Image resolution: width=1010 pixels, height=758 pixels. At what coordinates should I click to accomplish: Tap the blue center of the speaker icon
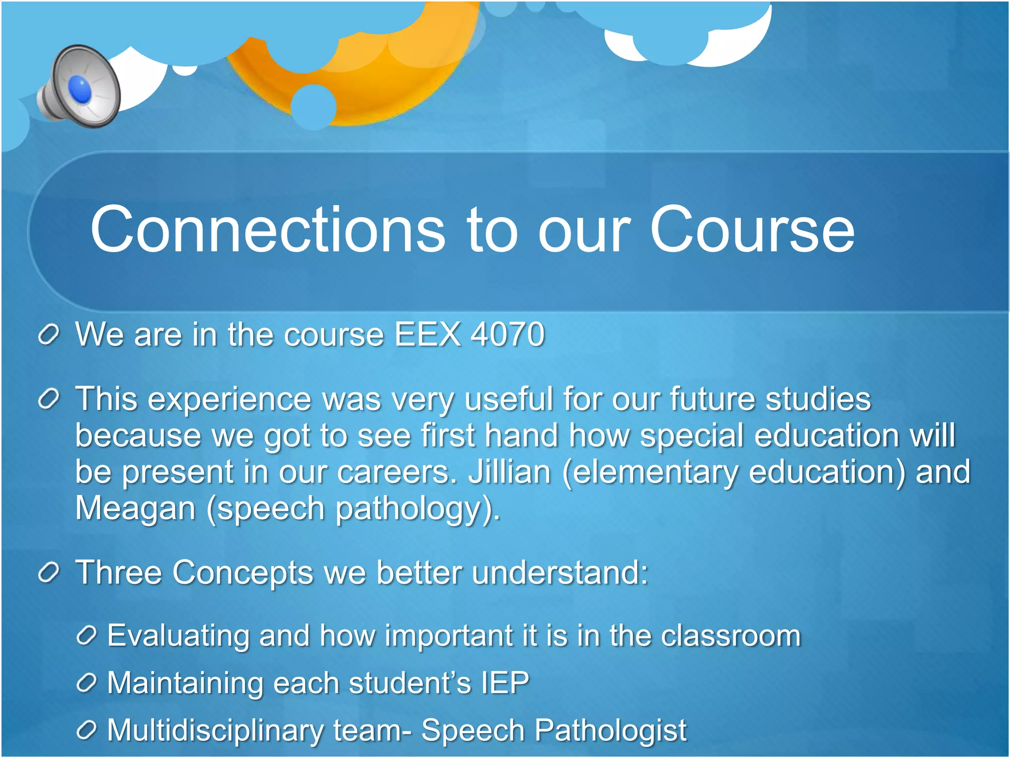click(80, 90)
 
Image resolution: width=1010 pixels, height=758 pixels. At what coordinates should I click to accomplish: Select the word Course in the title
click(752, 229)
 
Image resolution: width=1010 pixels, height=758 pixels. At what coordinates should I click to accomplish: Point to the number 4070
click(507, 335)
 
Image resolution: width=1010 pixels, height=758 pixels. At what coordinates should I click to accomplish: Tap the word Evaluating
click(178, 636)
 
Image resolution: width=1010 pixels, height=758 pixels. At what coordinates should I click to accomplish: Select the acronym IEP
click(505, 683)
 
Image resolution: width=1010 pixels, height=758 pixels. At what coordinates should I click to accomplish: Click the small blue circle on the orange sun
click(314, 107)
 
